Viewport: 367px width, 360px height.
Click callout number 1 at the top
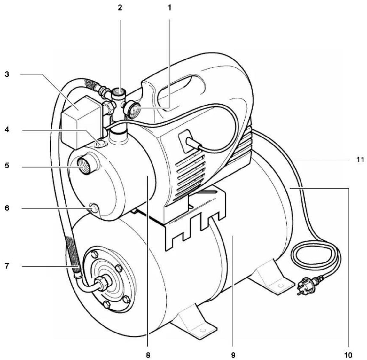170,8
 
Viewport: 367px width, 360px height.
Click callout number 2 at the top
120,8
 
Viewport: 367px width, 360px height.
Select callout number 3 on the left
6,74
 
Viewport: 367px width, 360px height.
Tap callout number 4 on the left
6,131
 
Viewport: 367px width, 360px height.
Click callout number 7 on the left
6,266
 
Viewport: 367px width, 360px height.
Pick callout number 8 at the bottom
148,355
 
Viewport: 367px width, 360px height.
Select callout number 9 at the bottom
233,355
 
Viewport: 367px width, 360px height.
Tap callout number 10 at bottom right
348,355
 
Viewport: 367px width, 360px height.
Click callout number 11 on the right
361,160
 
